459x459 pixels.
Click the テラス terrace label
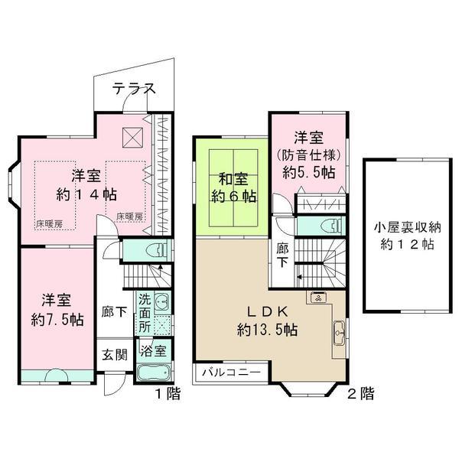point(134,89)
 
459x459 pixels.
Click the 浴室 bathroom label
point(155,353)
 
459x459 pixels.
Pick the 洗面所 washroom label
point(145,311)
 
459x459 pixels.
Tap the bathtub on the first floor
point(155,378)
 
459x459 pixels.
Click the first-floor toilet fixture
point(154,251)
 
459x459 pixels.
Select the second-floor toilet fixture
point(327,226)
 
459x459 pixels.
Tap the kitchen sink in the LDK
point(337,333)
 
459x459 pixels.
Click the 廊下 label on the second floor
point(283,255)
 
